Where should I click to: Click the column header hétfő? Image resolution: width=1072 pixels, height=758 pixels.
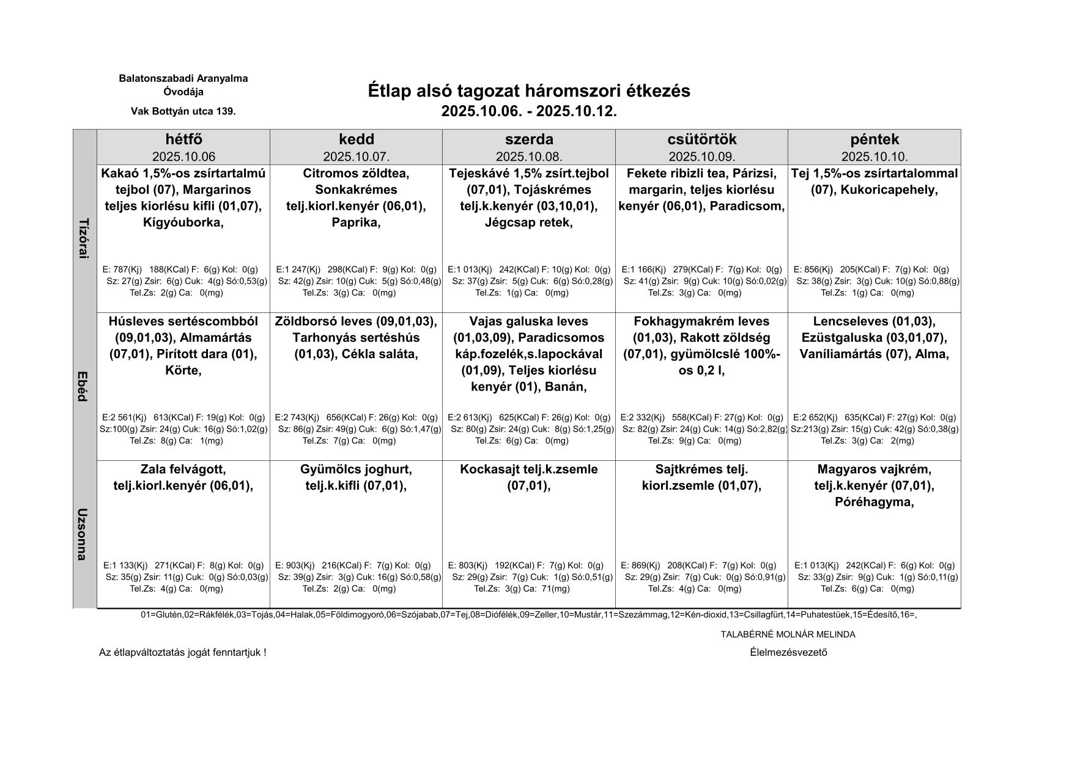183,139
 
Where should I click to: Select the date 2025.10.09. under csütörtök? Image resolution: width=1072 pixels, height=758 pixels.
701,156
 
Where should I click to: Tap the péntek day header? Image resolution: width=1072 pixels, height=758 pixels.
874,139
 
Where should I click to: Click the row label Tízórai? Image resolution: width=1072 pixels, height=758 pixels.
85,238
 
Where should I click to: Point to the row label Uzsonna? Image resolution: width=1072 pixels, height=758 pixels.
85,534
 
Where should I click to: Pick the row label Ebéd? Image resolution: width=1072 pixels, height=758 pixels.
85,386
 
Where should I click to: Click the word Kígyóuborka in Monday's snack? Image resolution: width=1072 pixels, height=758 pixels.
182,223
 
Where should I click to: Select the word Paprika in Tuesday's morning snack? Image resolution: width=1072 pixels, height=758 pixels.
355,223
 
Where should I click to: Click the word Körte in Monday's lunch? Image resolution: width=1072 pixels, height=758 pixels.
182,370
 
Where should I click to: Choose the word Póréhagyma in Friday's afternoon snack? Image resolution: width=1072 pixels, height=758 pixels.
873,502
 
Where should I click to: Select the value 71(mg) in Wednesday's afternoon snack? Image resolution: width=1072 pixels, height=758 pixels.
556,589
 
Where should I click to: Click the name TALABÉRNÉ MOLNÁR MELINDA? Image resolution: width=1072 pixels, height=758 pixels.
788,635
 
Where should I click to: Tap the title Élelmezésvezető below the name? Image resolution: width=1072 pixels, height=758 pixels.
788,652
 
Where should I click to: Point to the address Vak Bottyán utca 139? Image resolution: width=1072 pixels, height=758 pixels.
183,111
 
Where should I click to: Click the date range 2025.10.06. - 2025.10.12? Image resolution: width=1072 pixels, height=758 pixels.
529,111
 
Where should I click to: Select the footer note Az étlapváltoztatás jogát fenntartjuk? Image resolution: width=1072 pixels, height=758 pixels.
182,653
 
